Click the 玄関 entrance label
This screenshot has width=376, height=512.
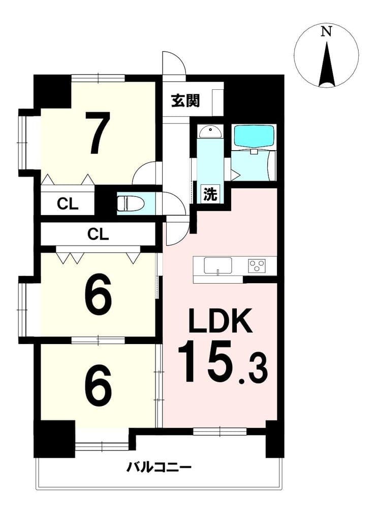(x=185, y=101)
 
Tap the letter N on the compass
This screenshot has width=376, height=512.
(x=326, y=31)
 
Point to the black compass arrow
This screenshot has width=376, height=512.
(x=326, y=65)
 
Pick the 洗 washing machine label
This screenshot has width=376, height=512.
(x=210, y=194)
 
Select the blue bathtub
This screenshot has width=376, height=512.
(x=254, y=136)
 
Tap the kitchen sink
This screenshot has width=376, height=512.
(x=218, y=266)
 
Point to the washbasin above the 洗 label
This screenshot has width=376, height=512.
(x=210, y=132)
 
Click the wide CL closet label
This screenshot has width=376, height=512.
(x=98, y=234)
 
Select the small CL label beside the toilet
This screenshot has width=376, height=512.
(x=68, y=204)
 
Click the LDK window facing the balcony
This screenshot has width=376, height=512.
(x=220, y=431)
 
